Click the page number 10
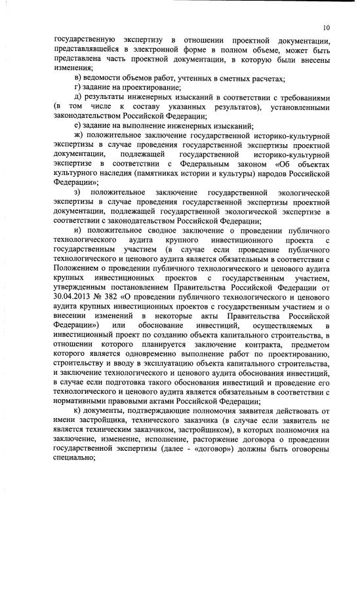(326, 28)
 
